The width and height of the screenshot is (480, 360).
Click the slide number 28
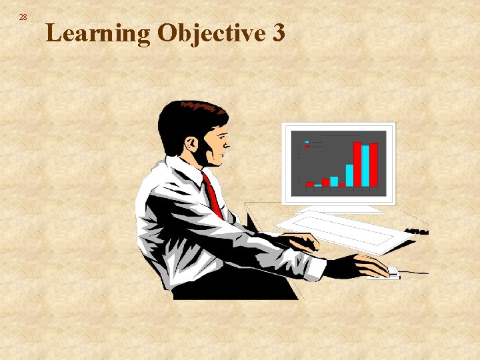[23, 17]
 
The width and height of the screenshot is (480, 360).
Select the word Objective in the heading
[212, 33]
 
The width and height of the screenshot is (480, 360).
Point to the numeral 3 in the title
[279, 32]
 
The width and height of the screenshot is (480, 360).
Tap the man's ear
[191, 143]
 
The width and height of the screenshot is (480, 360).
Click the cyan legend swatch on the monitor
[307, 142]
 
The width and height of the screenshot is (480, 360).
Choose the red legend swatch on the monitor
[307, 147]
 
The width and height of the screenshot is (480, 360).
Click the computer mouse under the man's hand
[392, 273]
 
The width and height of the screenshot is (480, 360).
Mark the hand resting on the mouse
[371, 265]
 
